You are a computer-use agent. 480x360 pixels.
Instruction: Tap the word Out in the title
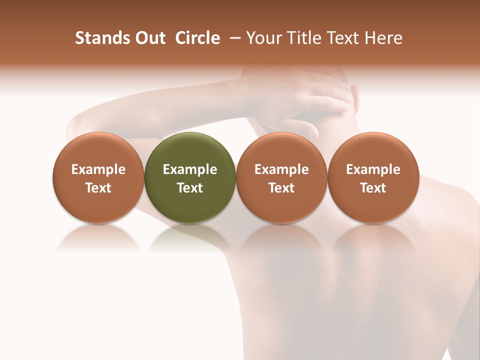pyautogui.click(x=149, y=38)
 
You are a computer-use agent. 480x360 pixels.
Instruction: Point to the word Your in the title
pyautogui.click(x=263, y=38)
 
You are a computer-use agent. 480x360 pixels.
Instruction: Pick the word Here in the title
pyautogui.click(x=383, y=38)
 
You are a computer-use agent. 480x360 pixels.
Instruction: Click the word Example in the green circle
pyautogui.click(x=190, y=169)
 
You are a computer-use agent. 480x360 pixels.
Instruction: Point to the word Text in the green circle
pyautogui.click(x=190, y=188)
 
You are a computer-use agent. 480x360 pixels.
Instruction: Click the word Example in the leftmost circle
pyautogui.click(x=98, y=169)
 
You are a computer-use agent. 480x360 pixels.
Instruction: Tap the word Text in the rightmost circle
pyautogui.click(x=373, y=188)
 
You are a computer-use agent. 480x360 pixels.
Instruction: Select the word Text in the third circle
pyautogui.click(x=281, y=188)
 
